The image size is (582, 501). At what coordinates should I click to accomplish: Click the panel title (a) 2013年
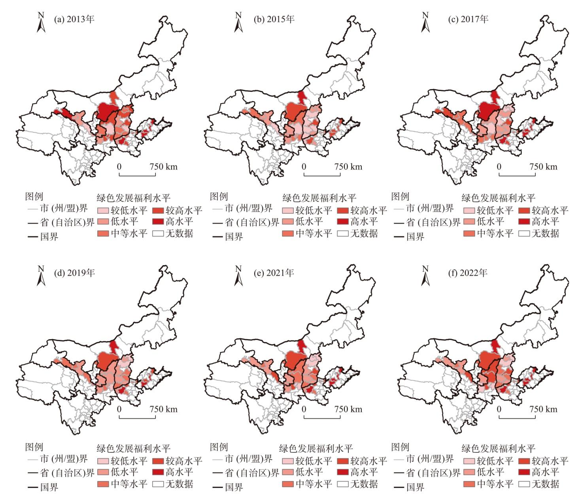74,19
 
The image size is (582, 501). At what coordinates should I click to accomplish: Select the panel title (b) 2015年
274,19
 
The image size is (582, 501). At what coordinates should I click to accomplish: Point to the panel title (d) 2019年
74,273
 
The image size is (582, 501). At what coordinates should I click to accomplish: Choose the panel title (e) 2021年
274,273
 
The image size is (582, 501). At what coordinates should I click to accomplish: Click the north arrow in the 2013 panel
41,23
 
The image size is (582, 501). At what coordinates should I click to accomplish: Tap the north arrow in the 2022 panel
425,276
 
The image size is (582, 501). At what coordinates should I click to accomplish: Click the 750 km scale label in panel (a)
164,167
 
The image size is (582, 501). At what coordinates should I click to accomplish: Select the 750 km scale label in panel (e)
348,409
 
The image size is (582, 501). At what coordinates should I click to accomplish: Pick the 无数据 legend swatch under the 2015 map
342,233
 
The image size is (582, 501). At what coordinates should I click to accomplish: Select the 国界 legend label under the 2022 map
415,487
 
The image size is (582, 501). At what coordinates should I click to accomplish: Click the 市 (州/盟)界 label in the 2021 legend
249,459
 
